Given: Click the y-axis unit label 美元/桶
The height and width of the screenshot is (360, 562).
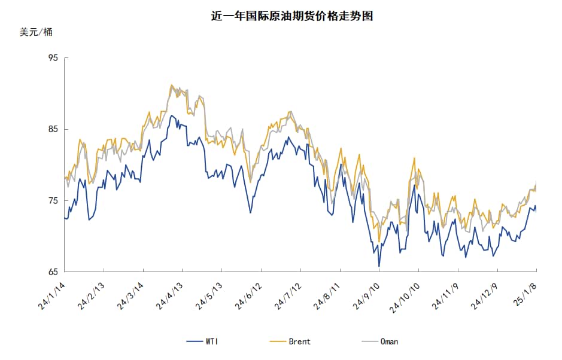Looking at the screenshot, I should coord(36,32).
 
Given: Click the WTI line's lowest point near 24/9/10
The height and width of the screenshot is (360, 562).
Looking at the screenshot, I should coord(379,266).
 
